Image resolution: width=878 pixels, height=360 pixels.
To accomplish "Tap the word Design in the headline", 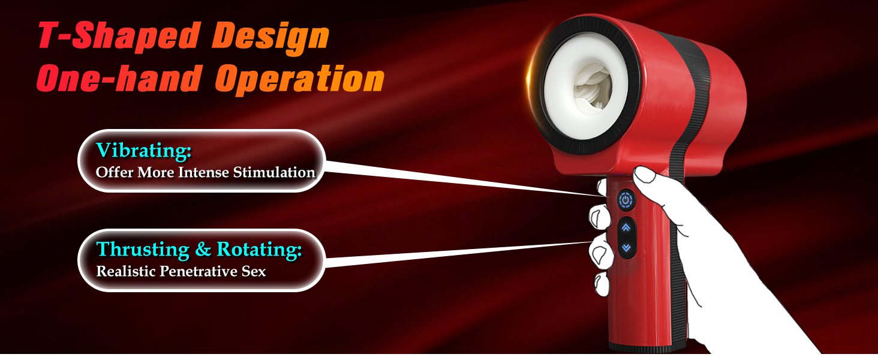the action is [x=270, y=38].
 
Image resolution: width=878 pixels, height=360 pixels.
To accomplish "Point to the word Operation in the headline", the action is [x=299, y=81].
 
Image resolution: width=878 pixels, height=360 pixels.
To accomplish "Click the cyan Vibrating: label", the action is [x=144, y=150].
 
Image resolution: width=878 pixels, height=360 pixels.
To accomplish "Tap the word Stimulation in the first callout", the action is [x=274, y=172].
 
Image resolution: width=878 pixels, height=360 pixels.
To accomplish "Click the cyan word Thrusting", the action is [x=143, y=250].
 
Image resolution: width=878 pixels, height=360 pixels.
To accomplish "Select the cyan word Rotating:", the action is [x=259, y=250].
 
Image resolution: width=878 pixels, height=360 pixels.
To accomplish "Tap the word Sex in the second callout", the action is [x=253, y=271].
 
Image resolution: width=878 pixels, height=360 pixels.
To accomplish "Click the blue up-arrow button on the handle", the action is [x=626, y=227].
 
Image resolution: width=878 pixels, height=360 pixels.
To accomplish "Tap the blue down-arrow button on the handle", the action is [x=626, y=247].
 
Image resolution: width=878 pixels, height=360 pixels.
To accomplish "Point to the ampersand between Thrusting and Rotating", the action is [x=203, y=250].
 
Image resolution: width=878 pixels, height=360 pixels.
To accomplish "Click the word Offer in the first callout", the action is [x=115, y=172].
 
